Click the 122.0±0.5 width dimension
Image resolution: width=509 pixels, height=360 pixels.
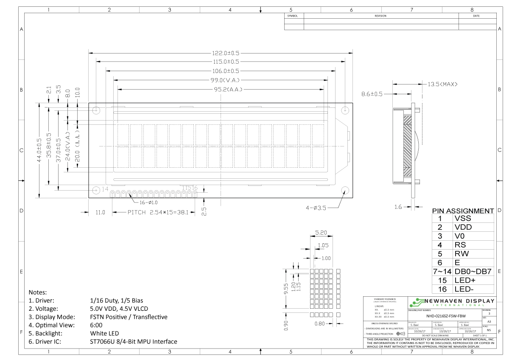pyautogui.click(x=226, y=53)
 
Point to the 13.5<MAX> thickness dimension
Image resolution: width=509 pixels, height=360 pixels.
pyautogui.click(x=442, y=84)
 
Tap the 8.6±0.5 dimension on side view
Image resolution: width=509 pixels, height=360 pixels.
pyautogui.click(x=372, y=94)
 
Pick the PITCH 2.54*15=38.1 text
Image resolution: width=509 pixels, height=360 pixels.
pyautogui.click(x=157, y=212)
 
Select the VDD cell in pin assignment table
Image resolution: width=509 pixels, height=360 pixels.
pyautogui.click(x=463, y=227)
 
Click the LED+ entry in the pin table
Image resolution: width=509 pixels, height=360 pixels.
pyautogui.click(x=464, y=281)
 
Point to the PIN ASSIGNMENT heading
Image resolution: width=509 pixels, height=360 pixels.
pyautogui.click(x=463, y=211)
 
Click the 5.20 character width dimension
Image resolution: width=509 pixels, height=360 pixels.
pyautogui.click(x=321, y=233)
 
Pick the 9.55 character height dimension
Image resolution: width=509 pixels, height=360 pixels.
pyautogui.click(x=286, y=289)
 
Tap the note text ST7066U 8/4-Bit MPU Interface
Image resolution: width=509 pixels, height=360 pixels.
pyautogui.click(x=134, y=341)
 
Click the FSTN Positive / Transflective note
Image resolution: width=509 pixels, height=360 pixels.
pyautogui.click(x=129, y=317)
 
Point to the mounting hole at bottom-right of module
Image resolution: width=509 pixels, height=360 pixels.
pyautogui.click(x=344, y=190)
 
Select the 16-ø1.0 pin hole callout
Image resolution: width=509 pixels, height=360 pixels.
pyautogui.click(x=148, y=202)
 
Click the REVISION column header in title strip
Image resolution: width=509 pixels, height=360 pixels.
pyautogui.click(x=380, y=16)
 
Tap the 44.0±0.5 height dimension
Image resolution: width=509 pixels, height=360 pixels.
pyautogui.click(x=39, y=150)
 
